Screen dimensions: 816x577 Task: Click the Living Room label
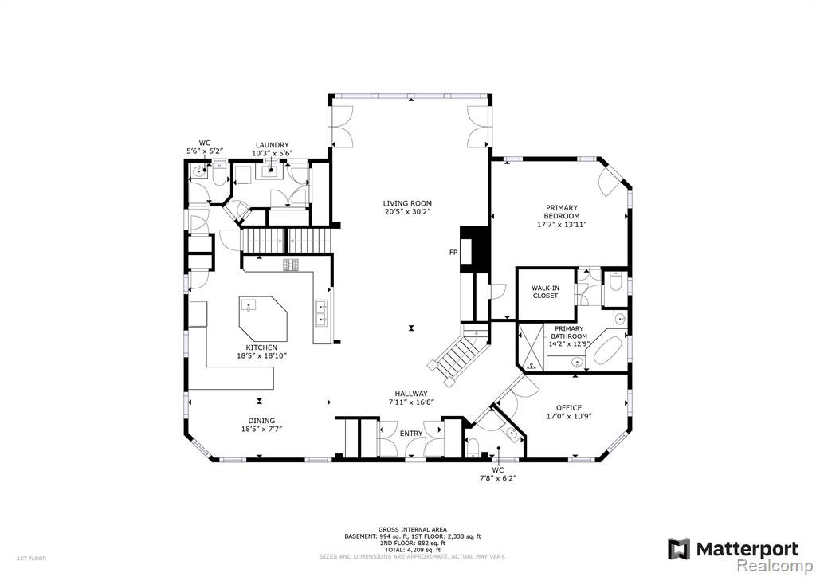click(407, 203)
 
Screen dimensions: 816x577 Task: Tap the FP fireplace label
click(453, 253)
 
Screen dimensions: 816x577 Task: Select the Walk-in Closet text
click(545, 292)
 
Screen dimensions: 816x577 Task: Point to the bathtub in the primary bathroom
click(606, 351)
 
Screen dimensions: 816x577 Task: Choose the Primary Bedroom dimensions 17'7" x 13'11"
click(562, 225)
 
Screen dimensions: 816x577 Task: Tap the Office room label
click(569, 408)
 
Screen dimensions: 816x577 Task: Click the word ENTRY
click(411, 434)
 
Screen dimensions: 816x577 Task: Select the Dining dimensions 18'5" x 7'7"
click(261, 430)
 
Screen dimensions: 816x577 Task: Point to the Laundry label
click(273, 145)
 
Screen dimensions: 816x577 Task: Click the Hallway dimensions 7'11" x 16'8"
click(411, 402)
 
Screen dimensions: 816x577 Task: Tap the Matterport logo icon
click(679, 549)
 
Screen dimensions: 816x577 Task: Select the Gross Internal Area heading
click(413, 530)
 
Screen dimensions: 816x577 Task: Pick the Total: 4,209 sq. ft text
click(413, 550)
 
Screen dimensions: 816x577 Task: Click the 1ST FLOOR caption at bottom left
click(32, 559)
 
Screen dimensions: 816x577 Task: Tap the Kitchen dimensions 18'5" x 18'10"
click(261, 356)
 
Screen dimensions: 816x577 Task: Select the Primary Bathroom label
click(569, 332)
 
